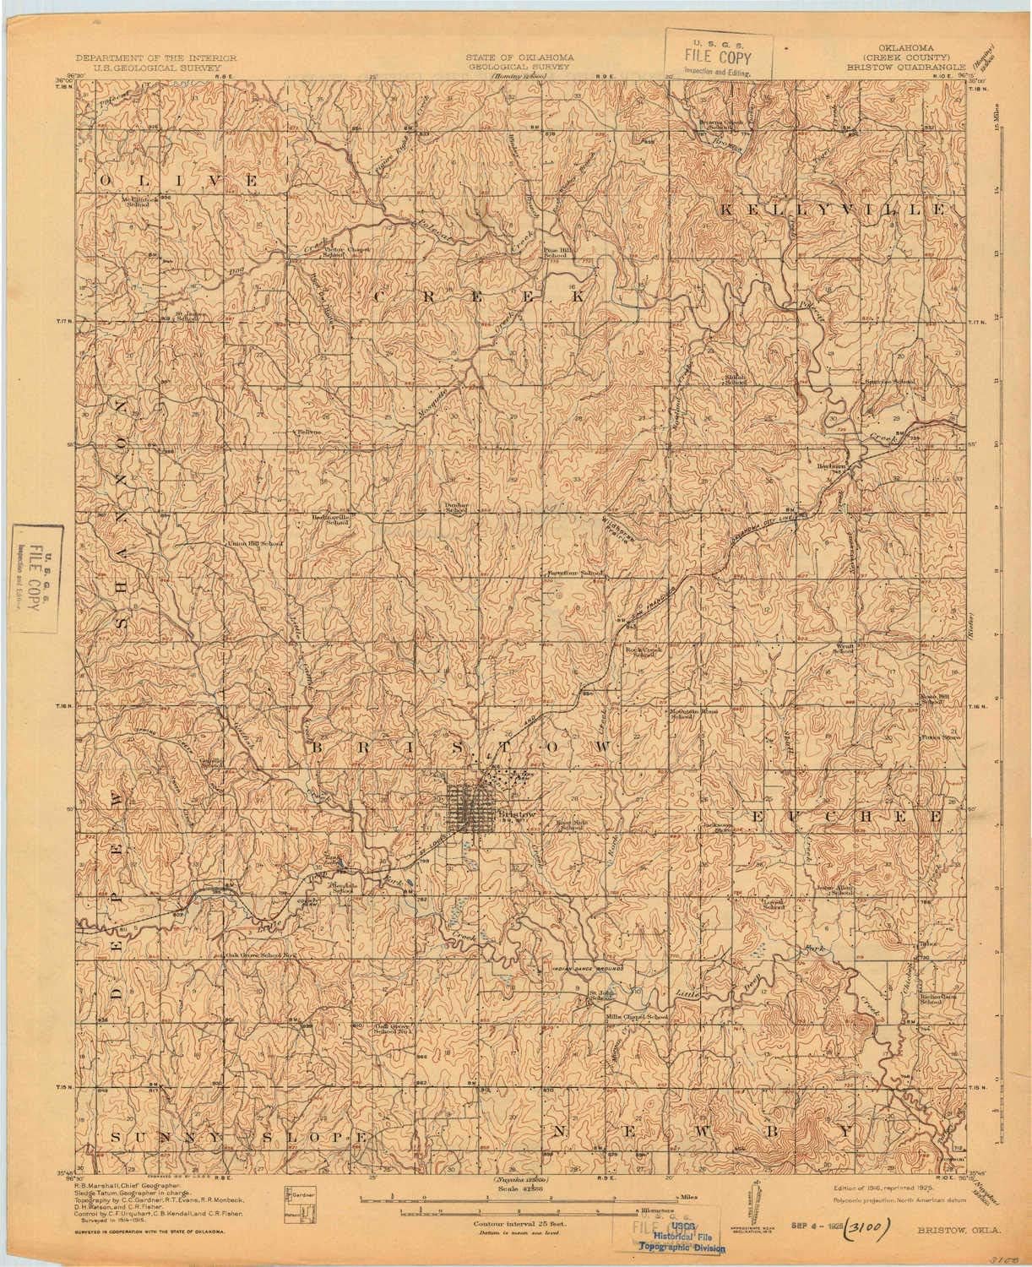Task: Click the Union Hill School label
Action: point(253,543)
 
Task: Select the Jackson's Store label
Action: point(711,828)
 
